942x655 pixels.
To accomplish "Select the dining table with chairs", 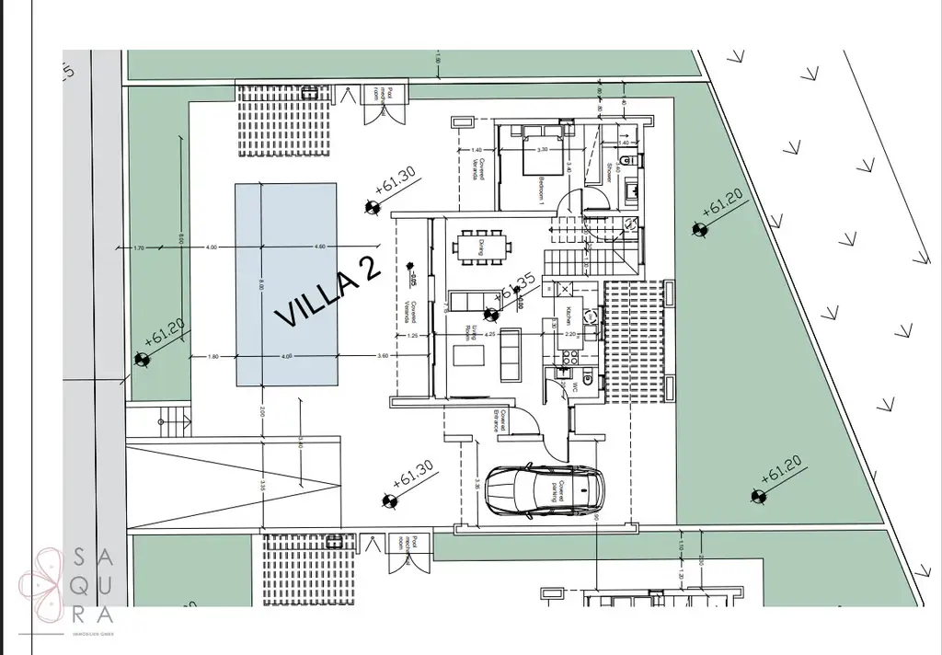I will (482, 246).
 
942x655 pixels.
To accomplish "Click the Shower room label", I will (609, 171).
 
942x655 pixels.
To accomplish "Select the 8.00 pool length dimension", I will (260, 286).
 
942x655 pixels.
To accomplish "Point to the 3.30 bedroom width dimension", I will (543, 149).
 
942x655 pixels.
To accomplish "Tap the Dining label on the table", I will (482, 246).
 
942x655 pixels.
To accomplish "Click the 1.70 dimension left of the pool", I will (139, 247).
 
